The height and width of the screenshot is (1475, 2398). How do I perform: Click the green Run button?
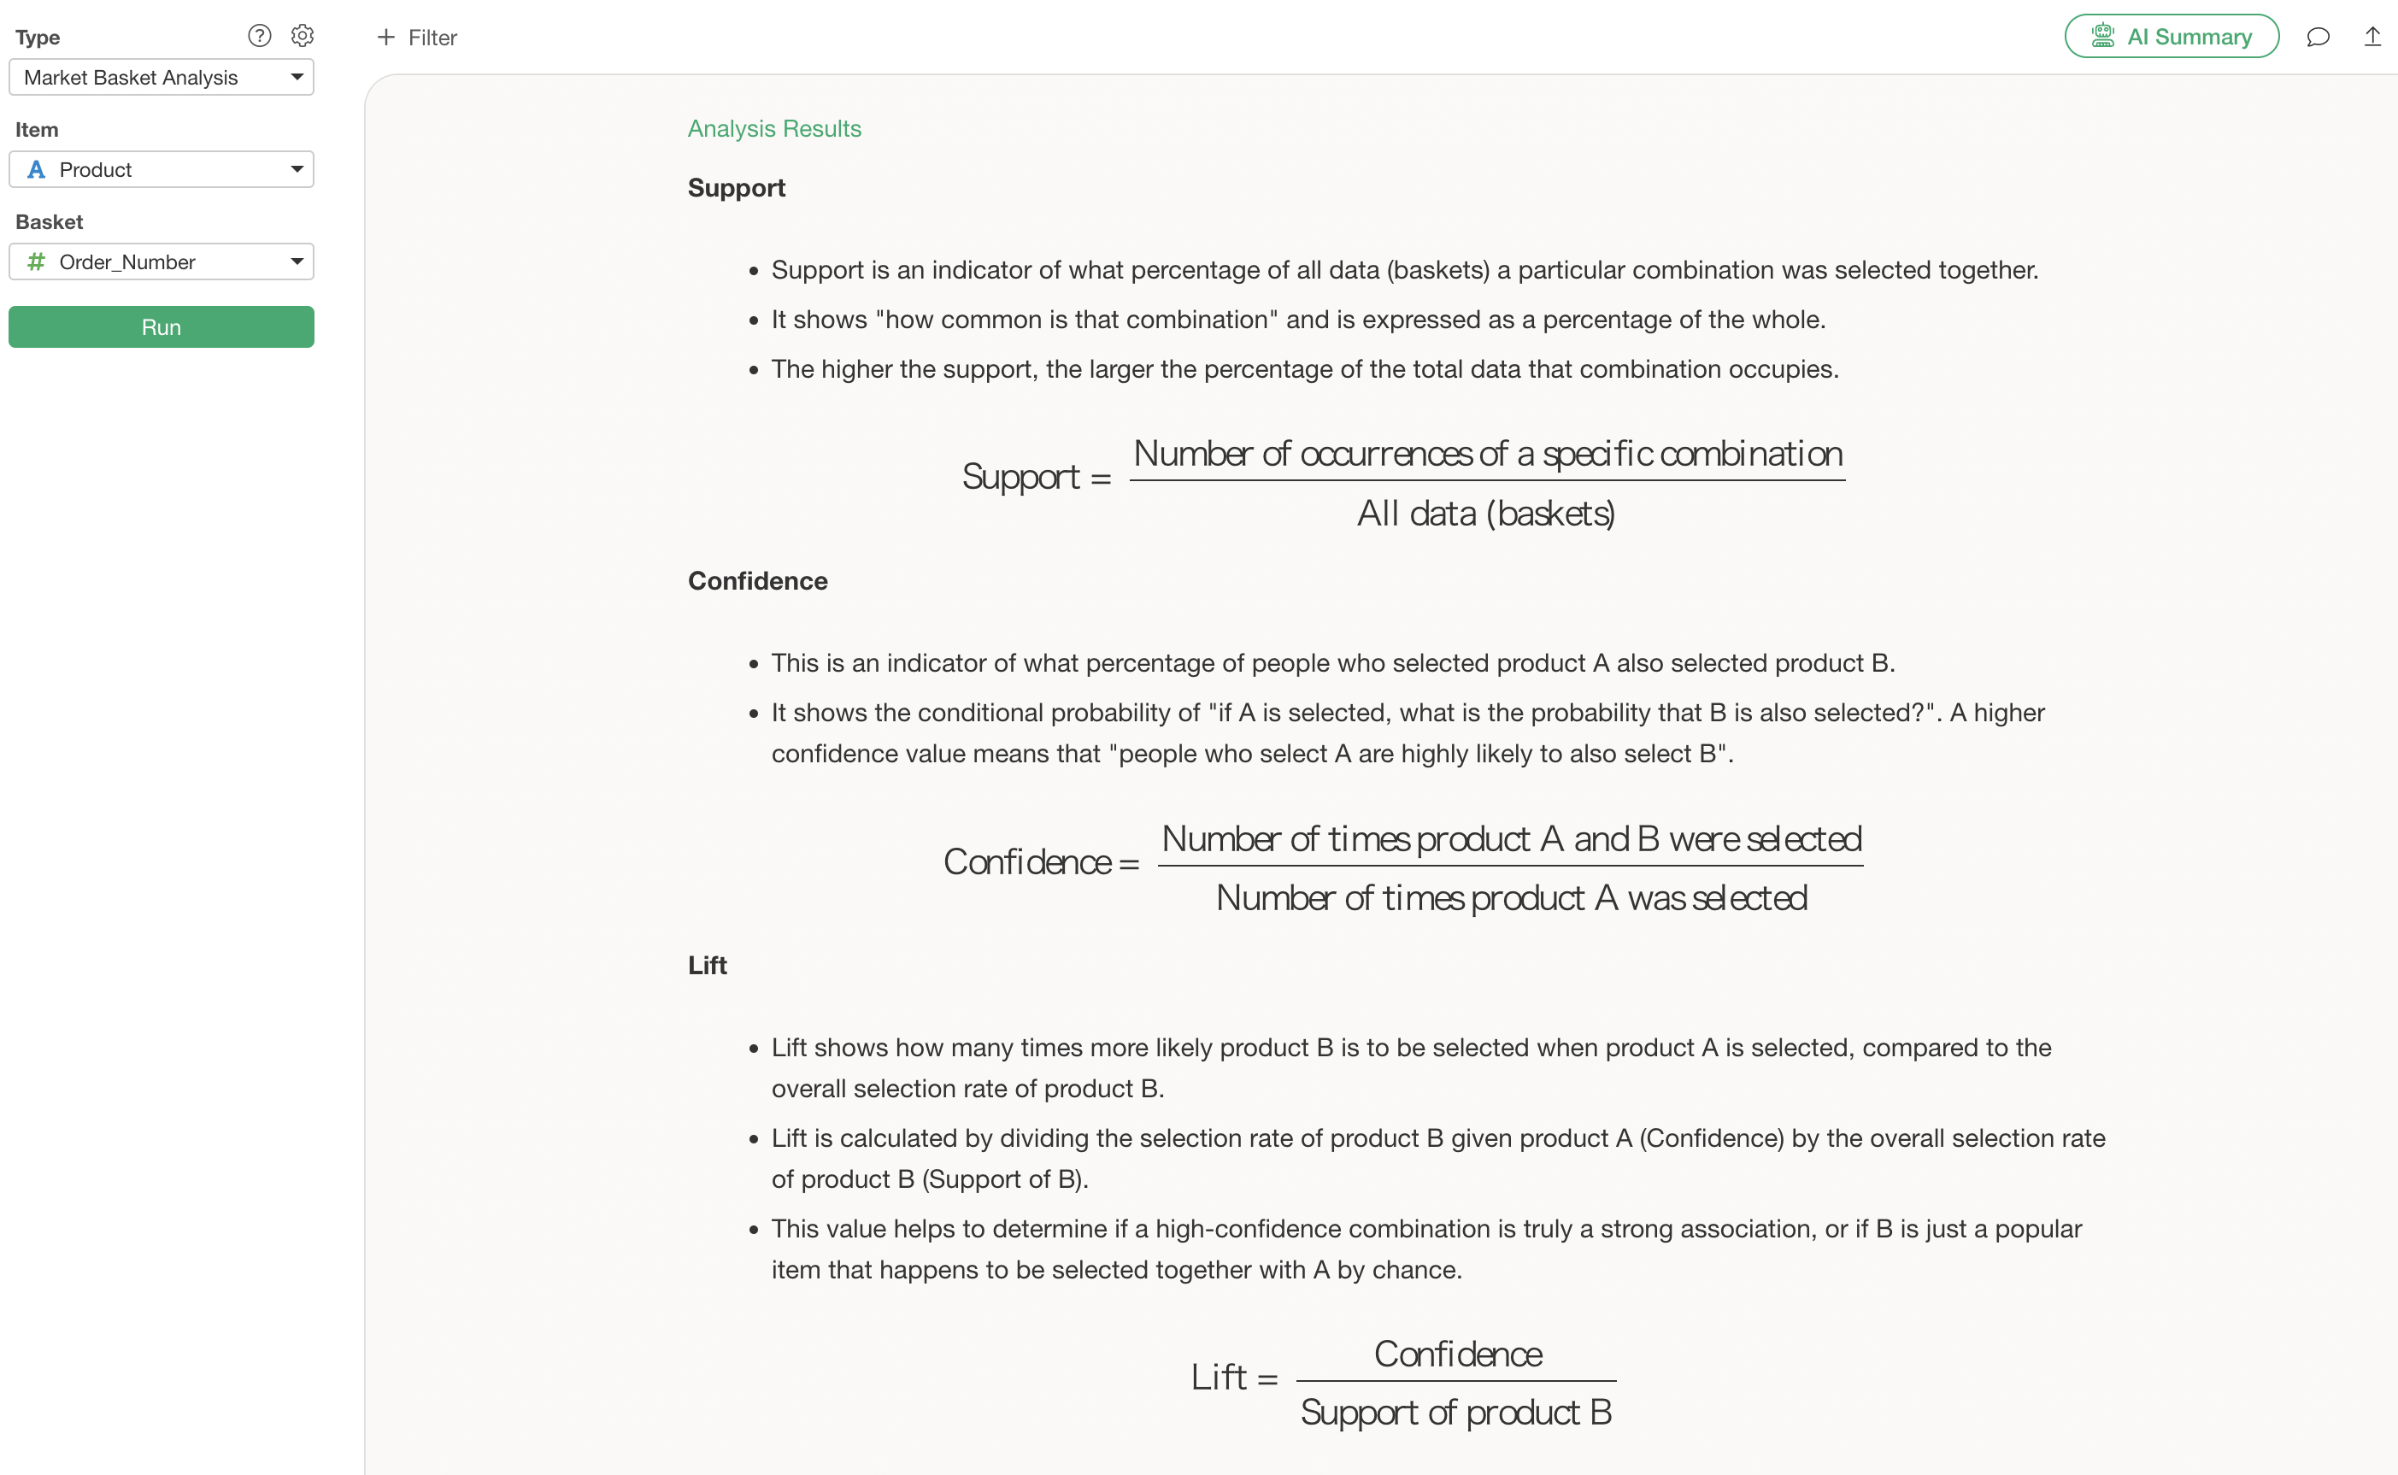[x=161, y=326]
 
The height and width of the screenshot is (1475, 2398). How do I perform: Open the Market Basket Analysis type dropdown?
[x=161, y=77]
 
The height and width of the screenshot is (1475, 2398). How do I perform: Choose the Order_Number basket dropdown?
[x=161, y=262]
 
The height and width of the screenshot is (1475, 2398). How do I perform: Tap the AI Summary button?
[x=2171, y=37]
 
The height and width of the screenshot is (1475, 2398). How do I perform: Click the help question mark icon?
[x=260, y=36]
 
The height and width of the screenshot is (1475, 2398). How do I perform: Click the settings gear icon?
[x=303, y=36]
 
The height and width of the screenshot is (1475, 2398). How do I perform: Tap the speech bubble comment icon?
[x=2318, y=37]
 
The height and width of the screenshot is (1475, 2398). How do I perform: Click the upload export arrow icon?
[x=2372, y=37]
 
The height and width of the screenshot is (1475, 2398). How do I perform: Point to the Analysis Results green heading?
[x=773, y=129]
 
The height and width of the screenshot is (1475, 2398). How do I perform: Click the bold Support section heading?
[x=736, y=187]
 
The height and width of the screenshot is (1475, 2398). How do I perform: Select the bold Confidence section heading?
[x=757, y=580]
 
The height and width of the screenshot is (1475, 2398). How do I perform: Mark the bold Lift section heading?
[x=708, y=965]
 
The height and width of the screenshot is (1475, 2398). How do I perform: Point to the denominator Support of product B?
[x=1455, y=1412]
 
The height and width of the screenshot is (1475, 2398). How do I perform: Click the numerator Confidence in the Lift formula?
[x=1458, y=1354]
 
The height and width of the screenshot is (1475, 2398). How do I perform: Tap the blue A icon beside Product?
[x=36, y=170]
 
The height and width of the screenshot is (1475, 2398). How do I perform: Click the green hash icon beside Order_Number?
[x=36, y=262]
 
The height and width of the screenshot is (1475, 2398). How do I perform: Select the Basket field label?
[x=49, y=221]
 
